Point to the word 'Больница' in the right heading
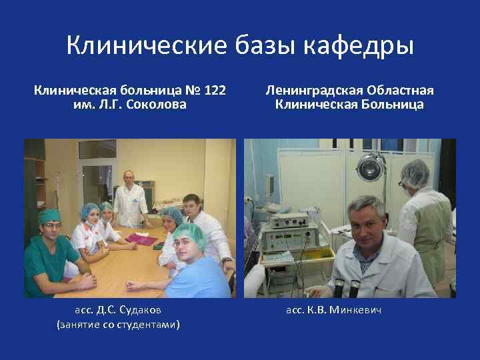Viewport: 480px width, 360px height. pyautogui.click(x=393, y=105)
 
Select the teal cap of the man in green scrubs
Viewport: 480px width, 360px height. pyautogui.click(x=49, y=217)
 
